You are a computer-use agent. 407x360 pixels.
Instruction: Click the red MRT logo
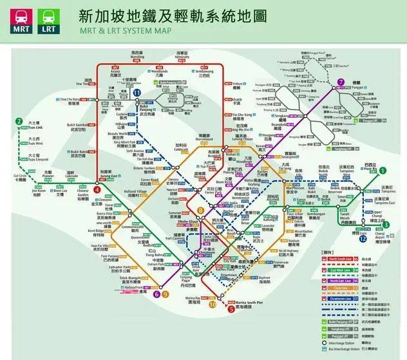[18, 19]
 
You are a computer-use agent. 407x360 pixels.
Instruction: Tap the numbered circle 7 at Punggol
[341, 82]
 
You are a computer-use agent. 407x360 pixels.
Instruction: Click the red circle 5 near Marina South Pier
[231, 308]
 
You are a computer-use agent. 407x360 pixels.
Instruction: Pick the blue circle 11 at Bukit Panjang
[137, 93]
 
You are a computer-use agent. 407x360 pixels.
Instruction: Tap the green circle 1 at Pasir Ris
[383, 171]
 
